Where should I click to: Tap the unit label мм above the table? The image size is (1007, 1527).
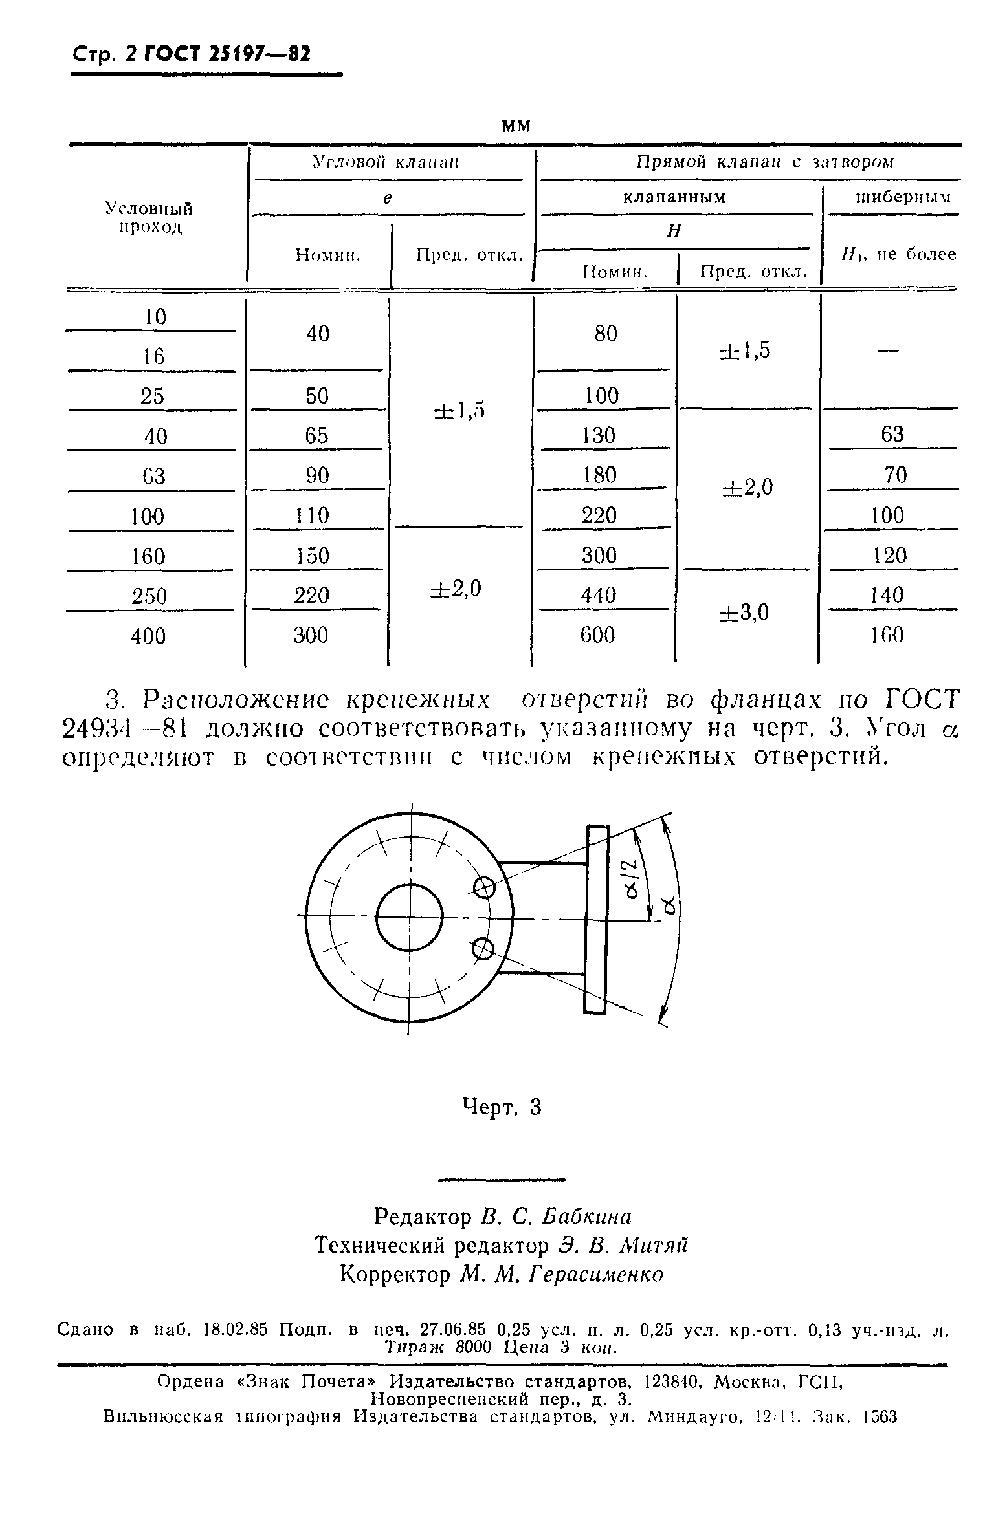click(x=516, y=125)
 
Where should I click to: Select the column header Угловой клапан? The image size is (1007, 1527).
click(x=386, y=162)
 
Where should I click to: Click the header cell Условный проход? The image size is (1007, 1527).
click(x=149, y=217)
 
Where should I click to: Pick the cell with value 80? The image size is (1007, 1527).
click(x=606, y=334)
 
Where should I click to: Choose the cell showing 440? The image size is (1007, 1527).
click(x=599, y=594)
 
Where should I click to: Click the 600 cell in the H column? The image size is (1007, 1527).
click(x=597, y=635)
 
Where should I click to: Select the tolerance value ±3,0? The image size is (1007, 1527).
click(x=744, y=612)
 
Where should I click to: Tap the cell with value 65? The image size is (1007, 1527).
click(x=316, y=435)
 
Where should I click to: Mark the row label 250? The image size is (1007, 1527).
click(x=149, y=596)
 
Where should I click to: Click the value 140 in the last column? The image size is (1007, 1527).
click(x=887, y=594)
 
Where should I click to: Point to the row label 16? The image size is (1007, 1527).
click(x=153, y=356)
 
